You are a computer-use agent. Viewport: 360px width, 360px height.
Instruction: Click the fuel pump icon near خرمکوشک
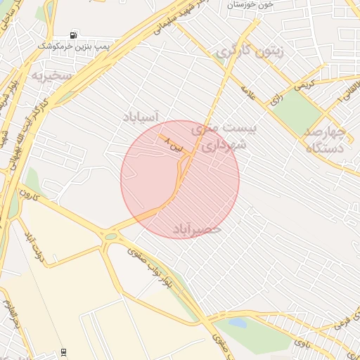74,34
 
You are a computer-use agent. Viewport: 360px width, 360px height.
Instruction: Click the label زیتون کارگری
250,51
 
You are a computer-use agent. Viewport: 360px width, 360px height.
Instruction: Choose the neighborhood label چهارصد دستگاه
325,140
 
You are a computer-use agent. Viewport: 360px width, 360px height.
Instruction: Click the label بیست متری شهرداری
224,138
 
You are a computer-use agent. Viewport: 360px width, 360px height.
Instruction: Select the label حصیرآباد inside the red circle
196,229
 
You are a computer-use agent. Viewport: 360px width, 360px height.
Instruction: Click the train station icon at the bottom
65,352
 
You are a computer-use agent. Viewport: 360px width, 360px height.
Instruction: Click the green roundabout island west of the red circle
110,236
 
